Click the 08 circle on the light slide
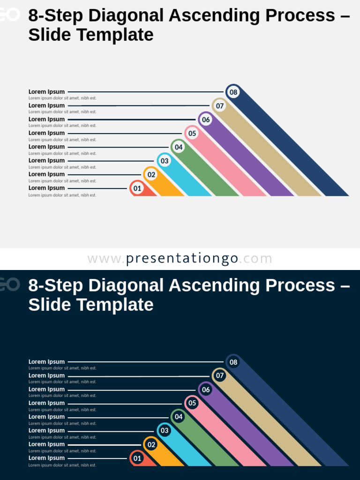pos(233,92)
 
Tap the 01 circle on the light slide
pos(137,188)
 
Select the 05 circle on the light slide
pos(192,133)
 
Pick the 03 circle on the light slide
pos(165,161)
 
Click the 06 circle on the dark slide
pos(206,390)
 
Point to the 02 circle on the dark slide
pos(151,444)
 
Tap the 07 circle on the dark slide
pos(220,375)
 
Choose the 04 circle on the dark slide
pos(179,417)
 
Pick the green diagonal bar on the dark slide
pos(211,445)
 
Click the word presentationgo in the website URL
pos(182,259)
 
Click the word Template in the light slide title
pos(115,35)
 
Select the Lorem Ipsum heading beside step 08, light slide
pos(46,92)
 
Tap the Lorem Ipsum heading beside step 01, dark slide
pos(46,458)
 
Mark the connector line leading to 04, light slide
pos(117,147)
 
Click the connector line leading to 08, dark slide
pos(145,362)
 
